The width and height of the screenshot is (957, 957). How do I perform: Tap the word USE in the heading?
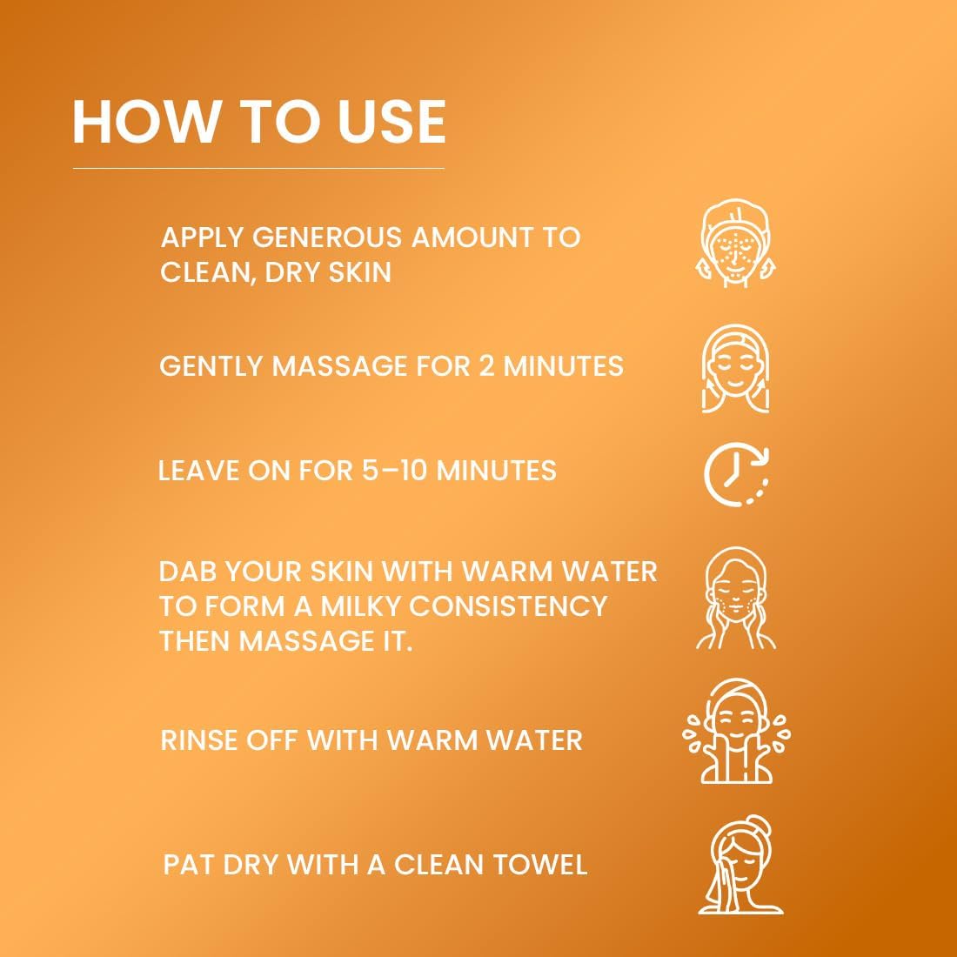coord(391,122)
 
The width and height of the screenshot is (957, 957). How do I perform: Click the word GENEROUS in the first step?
coord(327,237)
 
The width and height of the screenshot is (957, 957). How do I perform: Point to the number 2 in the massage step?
coord(486,366)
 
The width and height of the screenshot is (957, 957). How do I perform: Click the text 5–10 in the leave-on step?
coord(393,471)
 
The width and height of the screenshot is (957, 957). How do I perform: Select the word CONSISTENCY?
coord(508,606)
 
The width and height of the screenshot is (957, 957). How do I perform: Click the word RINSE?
coord(197,740)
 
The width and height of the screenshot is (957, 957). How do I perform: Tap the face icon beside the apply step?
coord(737,243)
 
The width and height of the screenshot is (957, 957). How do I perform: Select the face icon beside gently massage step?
coord(735,369)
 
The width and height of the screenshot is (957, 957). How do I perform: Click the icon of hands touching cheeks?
coord(736,599)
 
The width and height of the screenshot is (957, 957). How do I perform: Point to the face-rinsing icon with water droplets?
coord(737,731)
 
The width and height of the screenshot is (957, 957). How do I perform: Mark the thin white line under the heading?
coord(258,168)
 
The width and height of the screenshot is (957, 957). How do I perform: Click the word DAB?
coord(187,572)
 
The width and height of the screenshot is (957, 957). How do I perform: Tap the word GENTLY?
coord(211,366)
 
